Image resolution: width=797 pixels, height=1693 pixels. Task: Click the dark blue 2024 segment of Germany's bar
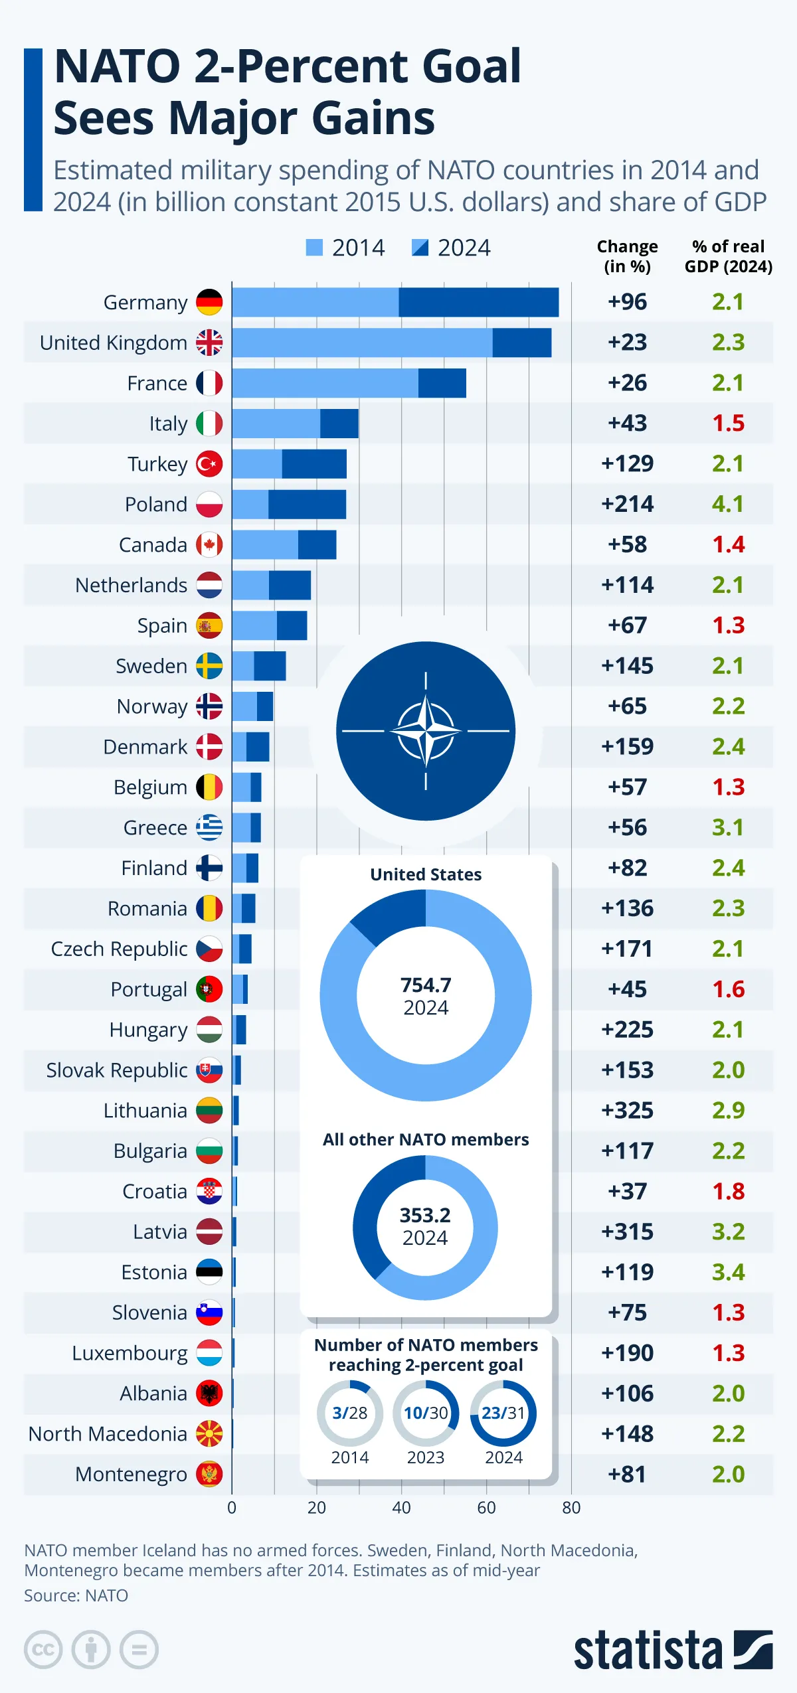(478, 302)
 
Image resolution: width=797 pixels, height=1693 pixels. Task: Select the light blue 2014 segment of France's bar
(325, 383)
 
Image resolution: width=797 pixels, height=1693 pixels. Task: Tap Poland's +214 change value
(627, 504)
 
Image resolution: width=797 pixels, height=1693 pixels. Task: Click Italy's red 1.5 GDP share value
(728, 423)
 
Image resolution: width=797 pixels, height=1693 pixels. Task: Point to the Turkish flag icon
(209, 463)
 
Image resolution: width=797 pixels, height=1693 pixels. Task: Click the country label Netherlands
(131, 585)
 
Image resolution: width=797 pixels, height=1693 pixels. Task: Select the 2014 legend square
(314, 248)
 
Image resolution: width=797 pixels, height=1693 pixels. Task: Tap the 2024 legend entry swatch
(420, 248)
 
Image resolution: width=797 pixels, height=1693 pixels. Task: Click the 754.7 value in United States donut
(426, 985)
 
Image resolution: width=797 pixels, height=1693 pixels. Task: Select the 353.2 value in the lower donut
(425, 1215)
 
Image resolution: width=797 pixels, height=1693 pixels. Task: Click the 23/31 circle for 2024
(503, 1413)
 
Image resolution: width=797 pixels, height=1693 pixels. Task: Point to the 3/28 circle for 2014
(350, 1413)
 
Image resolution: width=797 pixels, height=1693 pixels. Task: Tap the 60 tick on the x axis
(486, 1507)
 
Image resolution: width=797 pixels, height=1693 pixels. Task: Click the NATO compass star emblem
(426, 730)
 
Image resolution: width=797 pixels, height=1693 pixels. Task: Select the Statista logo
(673, 1649)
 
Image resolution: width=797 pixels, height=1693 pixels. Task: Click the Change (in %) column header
(627, 256)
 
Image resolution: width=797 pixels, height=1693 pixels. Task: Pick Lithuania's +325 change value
(627, 1110)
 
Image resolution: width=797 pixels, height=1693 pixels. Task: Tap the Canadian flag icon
(209, 544)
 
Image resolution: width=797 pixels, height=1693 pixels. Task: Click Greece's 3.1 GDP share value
(728, 827)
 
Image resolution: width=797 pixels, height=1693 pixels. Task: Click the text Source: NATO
(76, 1595)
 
